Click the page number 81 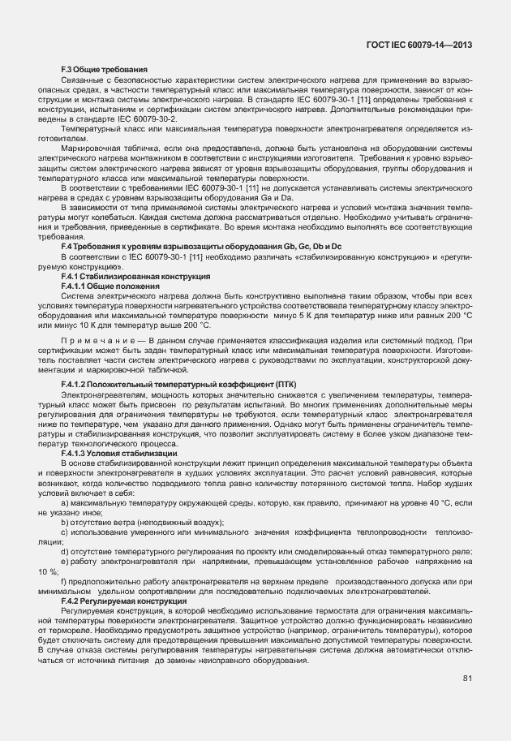(467, 679)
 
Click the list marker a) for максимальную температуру (65, 504)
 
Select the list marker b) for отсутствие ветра (65, 523)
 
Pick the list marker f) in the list (64, 583)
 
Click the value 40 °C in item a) (442, 504)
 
